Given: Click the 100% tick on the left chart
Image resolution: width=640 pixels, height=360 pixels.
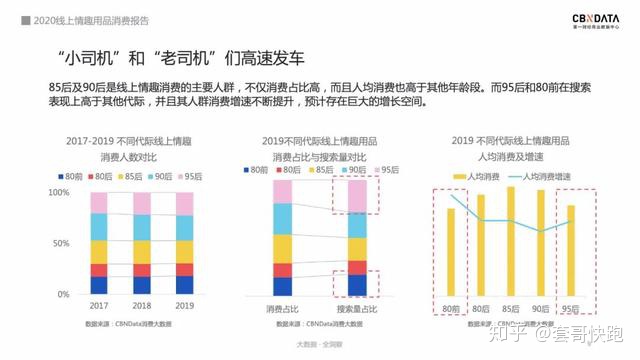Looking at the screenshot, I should (59, 192).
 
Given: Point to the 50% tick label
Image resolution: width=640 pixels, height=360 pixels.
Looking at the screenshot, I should (61, 243).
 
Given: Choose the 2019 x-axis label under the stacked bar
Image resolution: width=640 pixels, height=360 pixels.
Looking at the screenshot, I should (184, 306).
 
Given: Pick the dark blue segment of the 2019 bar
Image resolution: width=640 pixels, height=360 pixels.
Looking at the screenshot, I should (184, 285).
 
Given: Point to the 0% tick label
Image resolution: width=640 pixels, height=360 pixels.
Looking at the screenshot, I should (63, 294).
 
